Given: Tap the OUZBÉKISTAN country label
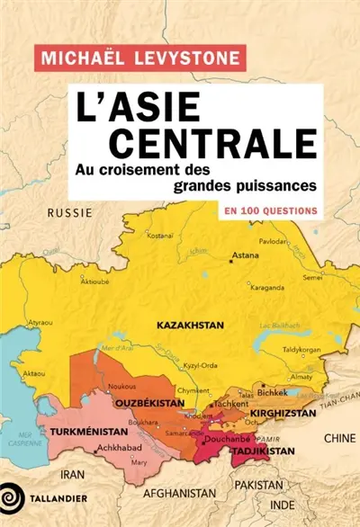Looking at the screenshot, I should tap(150, 404).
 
